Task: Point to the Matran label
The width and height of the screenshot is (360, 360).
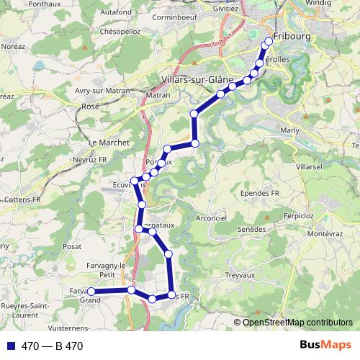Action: tap(158, 95)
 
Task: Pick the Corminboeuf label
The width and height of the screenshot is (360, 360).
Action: tap(174, 14)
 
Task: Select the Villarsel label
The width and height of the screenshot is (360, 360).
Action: tap(307, 166)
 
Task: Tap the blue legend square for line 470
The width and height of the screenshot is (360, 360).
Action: tap(10, 346)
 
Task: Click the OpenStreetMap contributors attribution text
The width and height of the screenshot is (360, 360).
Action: tap(297, 323)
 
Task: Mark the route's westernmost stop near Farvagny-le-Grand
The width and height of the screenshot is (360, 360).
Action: tap(91, 292)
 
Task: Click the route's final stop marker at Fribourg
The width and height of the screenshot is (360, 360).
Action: tap(269, 41)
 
